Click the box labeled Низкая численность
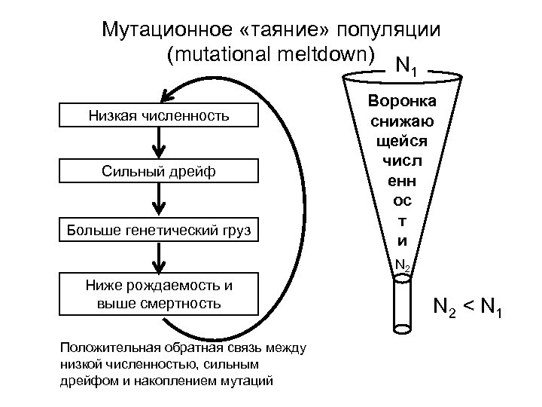pos(158,115)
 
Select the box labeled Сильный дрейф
pos(158,172)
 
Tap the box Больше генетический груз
pos(158,228)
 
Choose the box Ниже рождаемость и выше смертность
pos(158,295)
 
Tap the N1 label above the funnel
pos(407,66)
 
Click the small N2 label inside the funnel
pos(403,265)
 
